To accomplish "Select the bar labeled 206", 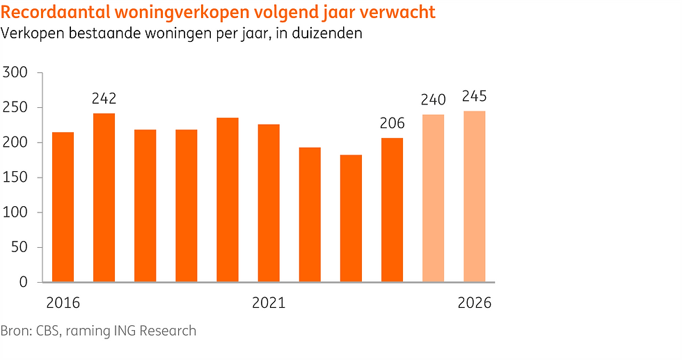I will coord(392,210).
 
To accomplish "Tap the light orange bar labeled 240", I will coord(433,198).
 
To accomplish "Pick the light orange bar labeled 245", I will coord(475,196).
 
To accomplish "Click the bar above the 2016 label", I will coord(63,207).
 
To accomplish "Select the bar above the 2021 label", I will coord(269,203).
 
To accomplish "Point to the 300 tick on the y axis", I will coord(15,72).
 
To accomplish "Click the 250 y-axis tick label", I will coord(15,107).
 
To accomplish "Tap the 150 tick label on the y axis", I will coord(15,178).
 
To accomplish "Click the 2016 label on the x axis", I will coord(63,303).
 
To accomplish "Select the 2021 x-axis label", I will coord(269,303).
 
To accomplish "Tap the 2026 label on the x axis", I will coord(475,303).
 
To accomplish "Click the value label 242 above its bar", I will coord(104,98).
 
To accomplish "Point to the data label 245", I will coord(475,96).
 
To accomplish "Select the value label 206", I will coord(392,123).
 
